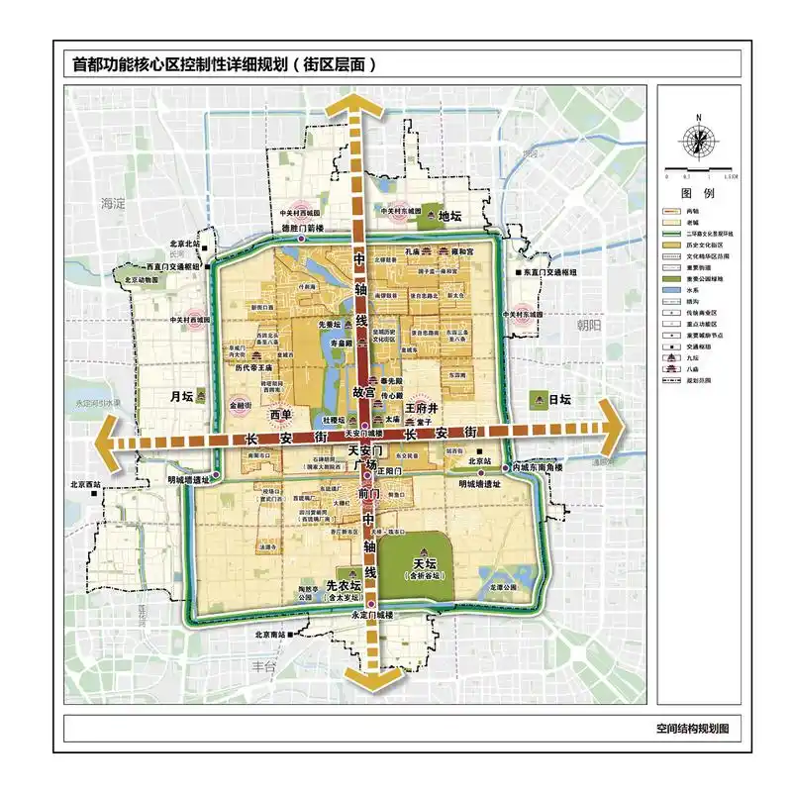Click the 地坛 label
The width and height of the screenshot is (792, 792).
pos(450,216)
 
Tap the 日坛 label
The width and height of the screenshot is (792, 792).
pos(561,399)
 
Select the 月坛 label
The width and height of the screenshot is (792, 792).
pos(179,396)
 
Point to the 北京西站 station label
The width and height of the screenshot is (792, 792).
pos(87,484)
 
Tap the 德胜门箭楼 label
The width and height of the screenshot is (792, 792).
pos(303,229)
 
